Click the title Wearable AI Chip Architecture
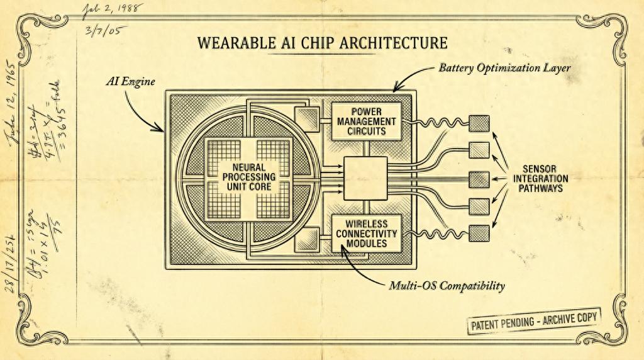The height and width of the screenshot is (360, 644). [x=322, y=43]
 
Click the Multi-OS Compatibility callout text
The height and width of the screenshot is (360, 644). [x=446, y=286]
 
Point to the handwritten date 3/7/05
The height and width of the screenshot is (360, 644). [x=103, y=31]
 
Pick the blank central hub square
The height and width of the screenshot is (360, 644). [x=365, y=178]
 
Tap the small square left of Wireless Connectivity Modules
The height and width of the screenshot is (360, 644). [x=308, y=239]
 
